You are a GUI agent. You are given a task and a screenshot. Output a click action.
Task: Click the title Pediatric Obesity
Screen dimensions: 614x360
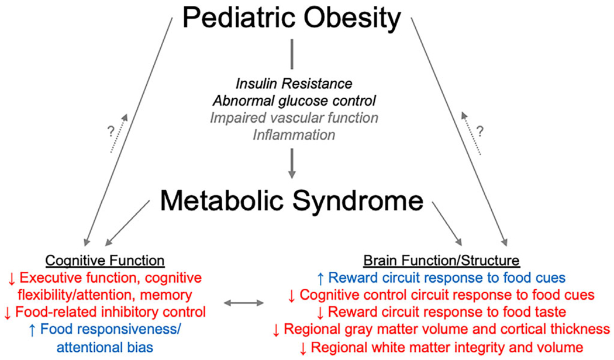[x=292, y=18]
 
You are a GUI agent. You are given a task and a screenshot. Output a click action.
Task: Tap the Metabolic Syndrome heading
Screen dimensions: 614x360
[x=292, y=200]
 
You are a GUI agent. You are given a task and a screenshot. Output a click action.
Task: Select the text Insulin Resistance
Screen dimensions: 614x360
[x=294, y=84]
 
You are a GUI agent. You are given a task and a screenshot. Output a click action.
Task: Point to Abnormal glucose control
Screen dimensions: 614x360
[x=294, y=101]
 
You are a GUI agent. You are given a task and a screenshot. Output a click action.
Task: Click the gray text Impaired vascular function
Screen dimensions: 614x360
[x=294, y=118]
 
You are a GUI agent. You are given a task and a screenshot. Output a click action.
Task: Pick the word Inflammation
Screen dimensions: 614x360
[x=294, y=135]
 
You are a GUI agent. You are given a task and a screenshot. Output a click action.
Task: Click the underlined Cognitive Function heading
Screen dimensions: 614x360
[x=105, y=261]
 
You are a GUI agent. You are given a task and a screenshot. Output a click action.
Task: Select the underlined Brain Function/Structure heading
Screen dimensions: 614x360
[x=441, y=261]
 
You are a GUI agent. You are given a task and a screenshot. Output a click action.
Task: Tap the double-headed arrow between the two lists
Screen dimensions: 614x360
[x=244, y=303]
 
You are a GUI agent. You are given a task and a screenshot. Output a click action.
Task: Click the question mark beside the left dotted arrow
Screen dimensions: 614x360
[x=111, y=131]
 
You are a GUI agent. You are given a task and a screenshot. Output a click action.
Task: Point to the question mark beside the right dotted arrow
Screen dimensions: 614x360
[x=480, y=131]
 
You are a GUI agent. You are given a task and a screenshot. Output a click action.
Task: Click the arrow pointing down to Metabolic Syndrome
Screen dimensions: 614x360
[x=291, y=164]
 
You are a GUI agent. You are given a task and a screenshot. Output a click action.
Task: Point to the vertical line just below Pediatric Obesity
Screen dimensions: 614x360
[x=292, y=54]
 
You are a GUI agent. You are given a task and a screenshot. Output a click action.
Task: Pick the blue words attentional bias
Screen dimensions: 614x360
[x=105, y=348]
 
